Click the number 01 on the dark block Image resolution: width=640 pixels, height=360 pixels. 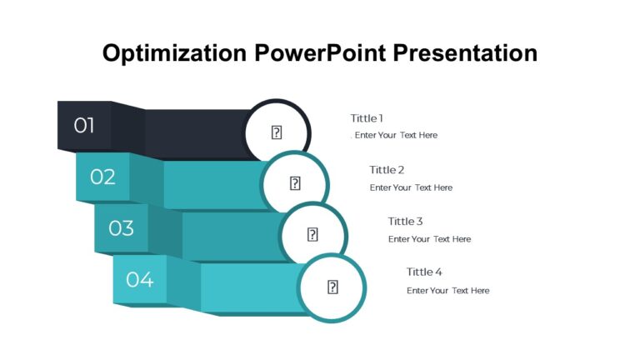tap(84, 126)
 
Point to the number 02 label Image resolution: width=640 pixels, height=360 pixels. tap(102, 177)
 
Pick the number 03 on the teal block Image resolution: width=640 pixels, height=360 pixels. tap(121, 228)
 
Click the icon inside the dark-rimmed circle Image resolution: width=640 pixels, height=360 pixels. tap(277, 132)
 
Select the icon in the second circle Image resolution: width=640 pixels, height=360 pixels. tap(295, 183)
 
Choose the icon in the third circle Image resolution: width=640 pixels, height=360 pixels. tap(313, 235)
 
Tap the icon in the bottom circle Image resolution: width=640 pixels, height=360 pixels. tap(332, 287)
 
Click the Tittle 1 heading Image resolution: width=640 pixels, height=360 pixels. tap(367, 118)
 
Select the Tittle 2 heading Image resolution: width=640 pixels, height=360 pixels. tap(387, 170)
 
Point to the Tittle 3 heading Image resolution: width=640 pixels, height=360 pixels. tap(405, 222)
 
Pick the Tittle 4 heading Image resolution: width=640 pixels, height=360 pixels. tap(424, 272)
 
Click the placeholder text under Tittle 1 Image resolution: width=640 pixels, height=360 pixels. tap(396, 135)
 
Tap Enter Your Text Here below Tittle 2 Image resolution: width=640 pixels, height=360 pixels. tap(411, 187)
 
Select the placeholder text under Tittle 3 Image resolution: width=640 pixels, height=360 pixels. tap(429, 239)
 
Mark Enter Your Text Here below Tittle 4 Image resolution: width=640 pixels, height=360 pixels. tap(447, 291)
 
